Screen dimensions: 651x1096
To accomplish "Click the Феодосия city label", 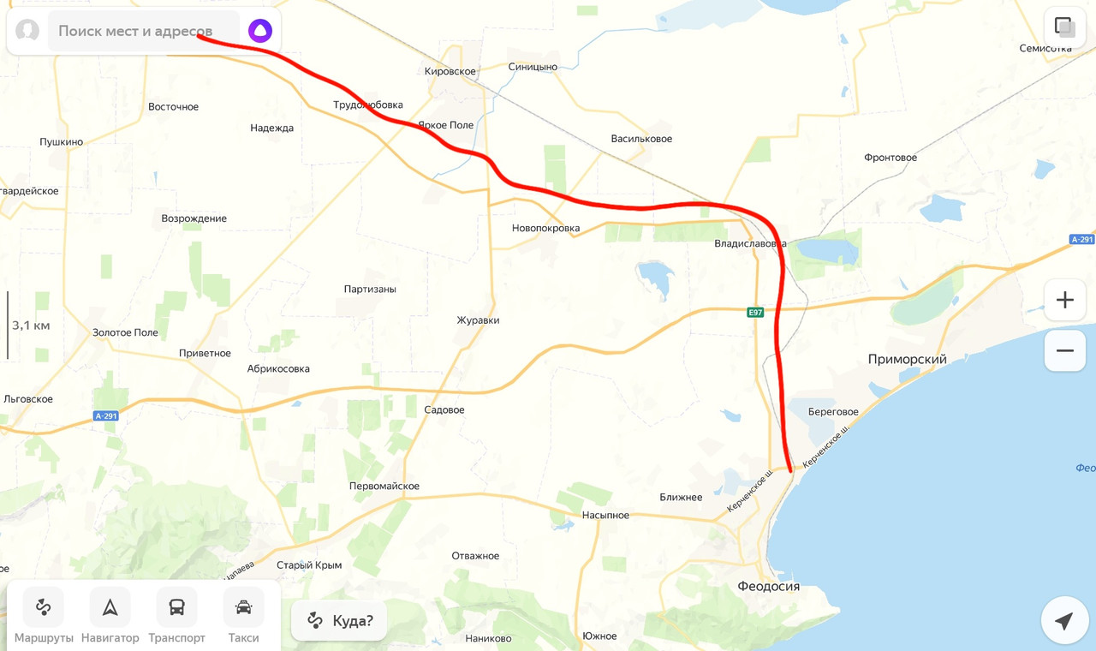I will tap(768, 587).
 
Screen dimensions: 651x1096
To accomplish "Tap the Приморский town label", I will tap(907, 360).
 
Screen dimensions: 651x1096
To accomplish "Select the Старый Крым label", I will tap(309, 565).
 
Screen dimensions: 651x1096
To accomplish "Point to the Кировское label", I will tap(450, 71).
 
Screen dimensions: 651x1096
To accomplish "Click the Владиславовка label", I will tap(750, 244).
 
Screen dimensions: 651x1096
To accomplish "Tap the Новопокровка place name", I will tap(545, 229).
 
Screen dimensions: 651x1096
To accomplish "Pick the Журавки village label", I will tap(478, 320).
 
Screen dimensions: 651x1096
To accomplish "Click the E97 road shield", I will tap(754, 313).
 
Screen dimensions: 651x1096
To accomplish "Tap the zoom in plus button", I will tap(1064, 301).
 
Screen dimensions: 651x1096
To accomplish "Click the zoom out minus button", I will tap(1064, 351).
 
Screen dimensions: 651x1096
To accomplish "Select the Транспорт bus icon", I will tap(176, 607).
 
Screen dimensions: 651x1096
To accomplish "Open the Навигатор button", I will tap(110, 607).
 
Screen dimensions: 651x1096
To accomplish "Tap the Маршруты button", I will tap(44, 607).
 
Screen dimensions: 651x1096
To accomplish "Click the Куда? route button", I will tap(339, 621).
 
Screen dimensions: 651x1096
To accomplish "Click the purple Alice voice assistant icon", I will tap(260, 31).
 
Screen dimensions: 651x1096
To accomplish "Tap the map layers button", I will tap(1064, 27).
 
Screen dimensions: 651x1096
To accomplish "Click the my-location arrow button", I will tap(1064, 621).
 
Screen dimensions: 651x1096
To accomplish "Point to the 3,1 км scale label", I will tap(31, 325).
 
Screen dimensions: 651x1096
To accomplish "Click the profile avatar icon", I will tap(27, 31).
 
